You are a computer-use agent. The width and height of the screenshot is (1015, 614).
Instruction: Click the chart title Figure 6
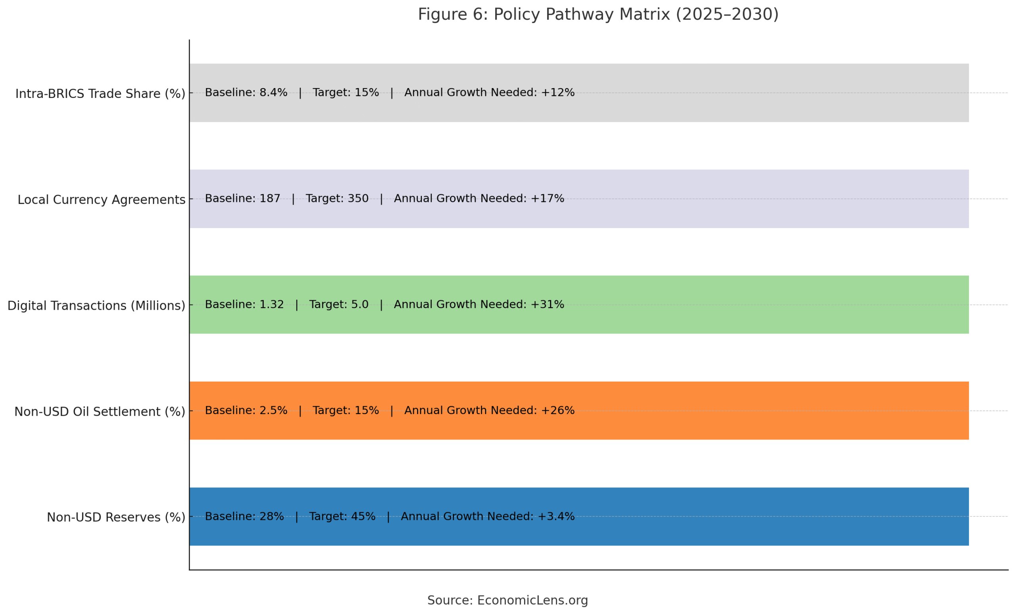598,14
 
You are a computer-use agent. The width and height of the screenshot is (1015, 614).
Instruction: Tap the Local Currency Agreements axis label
101,200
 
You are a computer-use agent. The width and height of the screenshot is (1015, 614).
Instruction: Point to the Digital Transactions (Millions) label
96,306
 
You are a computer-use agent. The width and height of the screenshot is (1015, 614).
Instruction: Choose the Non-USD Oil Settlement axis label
100,412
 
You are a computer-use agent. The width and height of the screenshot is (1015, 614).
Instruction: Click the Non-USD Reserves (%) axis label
116,517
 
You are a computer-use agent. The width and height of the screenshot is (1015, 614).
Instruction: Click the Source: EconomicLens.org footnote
507,601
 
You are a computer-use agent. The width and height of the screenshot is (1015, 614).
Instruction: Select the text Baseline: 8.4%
246,93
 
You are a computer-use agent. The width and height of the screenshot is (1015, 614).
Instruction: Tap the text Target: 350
337,199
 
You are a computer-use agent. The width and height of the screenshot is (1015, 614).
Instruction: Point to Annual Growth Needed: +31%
479,305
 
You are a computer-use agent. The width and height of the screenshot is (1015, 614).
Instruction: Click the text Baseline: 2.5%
246,411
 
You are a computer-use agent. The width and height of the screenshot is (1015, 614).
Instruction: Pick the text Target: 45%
342,516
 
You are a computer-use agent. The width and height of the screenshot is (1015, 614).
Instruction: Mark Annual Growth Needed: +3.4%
488,516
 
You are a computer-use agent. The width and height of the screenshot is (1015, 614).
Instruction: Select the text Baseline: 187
242,199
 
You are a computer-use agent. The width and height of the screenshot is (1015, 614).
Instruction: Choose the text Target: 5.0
339,305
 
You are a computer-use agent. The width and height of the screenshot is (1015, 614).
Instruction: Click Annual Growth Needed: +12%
489,93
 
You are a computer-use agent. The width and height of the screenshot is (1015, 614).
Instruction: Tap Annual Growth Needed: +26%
489,411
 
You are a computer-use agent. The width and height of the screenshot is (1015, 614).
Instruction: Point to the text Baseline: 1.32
244,305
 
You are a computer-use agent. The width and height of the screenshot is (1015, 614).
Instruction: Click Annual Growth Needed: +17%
479,199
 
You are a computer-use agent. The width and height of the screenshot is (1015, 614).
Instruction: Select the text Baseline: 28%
244,516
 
